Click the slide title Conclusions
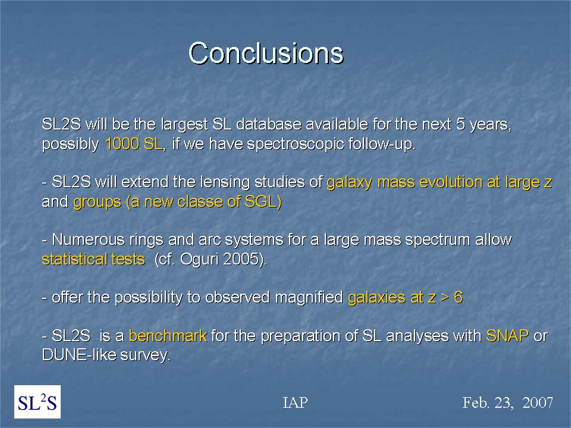coord(266,53)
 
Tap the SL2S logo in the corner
coord(37,402)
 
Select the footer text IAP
coord(295,402)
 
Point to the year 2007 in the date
coord(538,402)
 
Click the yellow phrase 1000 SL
coord(134,144)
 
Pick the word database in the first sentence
coord(269,124)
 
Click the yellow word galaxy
coord(349,182)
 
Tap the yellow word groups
coord(97,202)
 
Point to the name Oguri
coord(200,260)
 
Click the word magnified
coord(309,297)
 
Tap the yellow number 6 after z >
coord(458,297)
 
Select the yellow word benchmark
coord(168,336)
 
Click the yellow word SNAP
coord(507,335)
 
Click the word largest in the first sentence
coord(184,125)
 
